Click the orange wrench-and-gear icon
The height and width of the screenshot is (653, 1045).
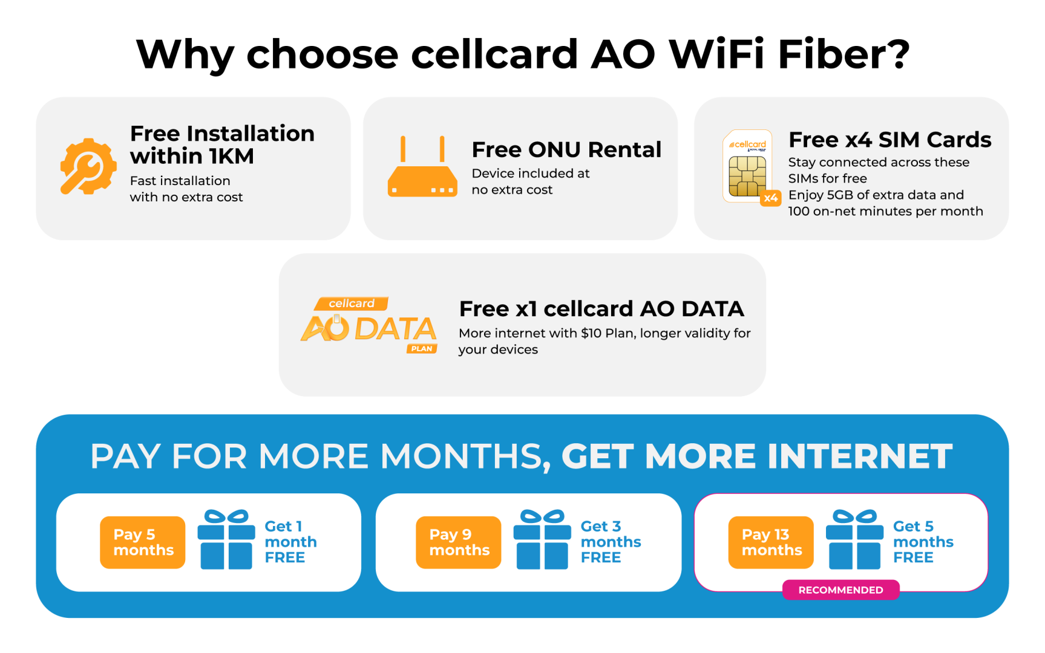[x=88, y=166]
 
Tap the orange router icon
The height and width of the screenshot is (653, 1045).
[x=422, y=167]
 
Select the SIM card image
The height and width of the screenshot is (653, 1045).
[x=747, y=166]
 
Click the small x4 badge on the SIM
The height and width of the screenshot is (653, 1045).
[x=770, y=198]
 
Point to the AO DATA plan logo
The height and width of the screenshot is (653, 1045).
[x=369, y=325]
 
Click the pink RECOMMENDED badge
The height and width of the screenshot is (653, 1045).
[x=840, y=590]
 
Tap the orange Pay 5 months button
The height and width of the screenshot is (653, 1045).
[x=143, y=542]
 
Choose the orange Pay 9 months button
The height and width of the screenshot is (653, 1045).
[x=459, y=542]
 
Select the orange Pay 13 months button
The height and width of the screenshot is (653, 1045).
[x=771, y=542]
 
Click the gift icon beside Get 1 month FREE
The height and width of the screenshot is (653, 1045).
[x=226, y=539]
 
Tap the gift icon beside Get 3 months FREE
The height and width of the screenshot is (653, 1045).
[x=542, y=539]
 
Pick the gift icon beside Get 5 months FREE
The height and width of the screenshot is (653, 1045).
[x=854, y=539]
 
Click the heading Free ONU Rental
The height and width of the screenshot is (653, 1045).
[x=566, y=149]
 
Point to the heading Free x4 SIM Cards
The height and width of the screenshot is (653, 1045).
[x=890, y=140]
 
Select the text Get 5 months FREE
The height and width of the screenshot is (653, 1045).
[x=923, y=542]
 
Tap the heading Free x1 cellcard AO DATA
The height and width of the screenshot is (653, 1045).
[x=601, y=309]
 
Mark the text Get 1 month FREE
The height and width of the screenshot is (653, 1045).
[x=290, y=542]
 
